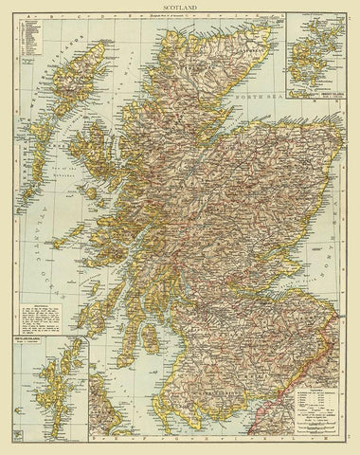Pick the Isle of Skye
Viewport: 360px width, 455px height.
[x=95, y=156]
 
